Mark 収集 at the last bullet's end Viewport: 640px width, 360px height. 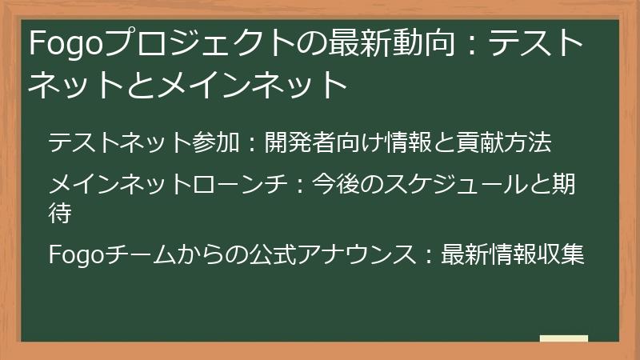[x=560, y=255]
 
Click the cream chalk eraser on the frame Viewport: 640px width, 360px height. [x=563, y=339]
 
